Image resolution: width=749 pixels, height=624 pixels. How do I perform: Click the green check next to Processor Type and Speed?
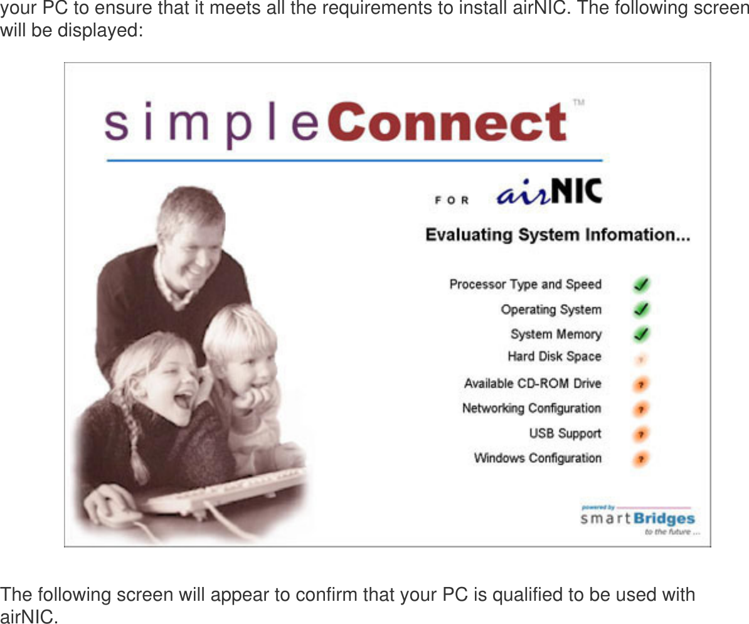(640, 285)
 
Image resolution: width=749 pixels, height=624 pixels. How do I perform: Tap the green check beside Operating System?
(640, 309)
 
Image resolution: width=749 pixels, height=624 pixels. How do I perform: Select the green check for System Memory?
(640, 334)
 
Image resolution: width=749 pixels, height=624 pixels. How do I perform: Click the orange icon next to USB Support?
(640, 433)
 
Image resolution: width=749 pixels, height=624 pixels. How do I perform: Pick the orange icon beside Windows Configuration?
(640, 458)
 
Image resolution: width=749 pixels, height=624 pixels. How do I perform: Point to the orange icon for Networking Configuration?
(640, 409)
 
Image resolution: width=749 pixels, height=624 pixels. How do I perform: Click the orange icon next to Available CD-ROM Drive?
(640, 383)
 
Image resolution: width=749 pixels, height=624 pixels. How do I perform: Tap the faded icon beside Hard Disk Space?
(640, 359)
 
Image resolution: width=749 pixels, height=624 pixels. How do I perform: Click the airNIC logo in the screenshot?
(549, 192)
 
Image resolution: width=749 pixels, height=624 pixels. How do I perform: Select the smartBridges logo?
(637, 519)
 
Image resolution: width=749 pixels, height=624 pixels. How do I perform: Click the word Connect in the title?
(447, 123)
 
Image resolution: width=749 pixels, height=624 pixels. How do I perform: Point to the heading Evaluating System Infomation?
(557, 236)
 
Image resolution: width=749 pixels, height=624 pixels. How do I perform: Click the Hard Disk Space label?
(554, 357)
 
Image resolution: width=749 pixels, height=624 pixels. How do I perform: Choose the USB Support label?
(565, 433)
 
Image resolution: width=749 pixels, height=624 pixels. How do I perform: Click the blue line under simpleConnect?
(354, 161)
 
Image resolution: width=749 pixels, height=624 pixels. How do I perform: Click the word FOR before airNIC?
(452, 200)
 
